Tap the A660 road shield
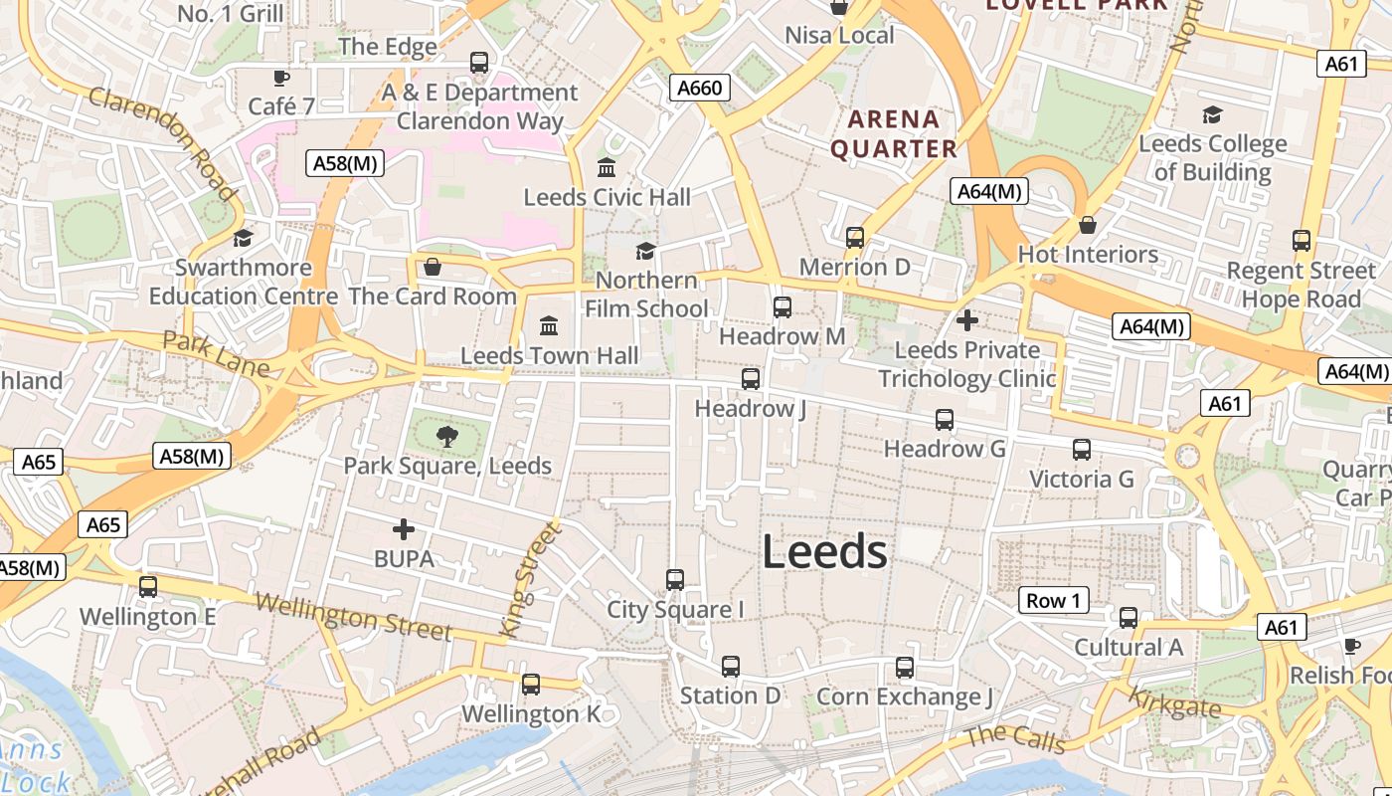699,88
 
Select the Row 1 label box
1053,600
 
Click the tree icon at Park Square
447,435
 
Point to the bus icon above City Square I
675,579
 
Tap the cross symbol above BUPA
404,528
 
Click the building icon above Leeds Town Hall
548,325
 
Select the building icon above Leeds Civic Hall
607,166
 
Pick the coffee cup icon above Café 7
281,77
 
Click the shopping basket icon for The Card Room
433,267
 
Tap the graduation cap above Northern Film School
645,250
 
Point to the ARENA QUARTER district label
894,134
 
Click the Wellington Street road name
353,617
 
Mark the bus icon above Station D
731,666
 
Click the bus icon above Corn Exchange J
905,667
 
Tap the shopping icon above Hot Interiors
1088,225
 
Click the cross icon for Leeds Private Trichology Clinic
966,320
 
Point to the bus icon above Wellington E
148,587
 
